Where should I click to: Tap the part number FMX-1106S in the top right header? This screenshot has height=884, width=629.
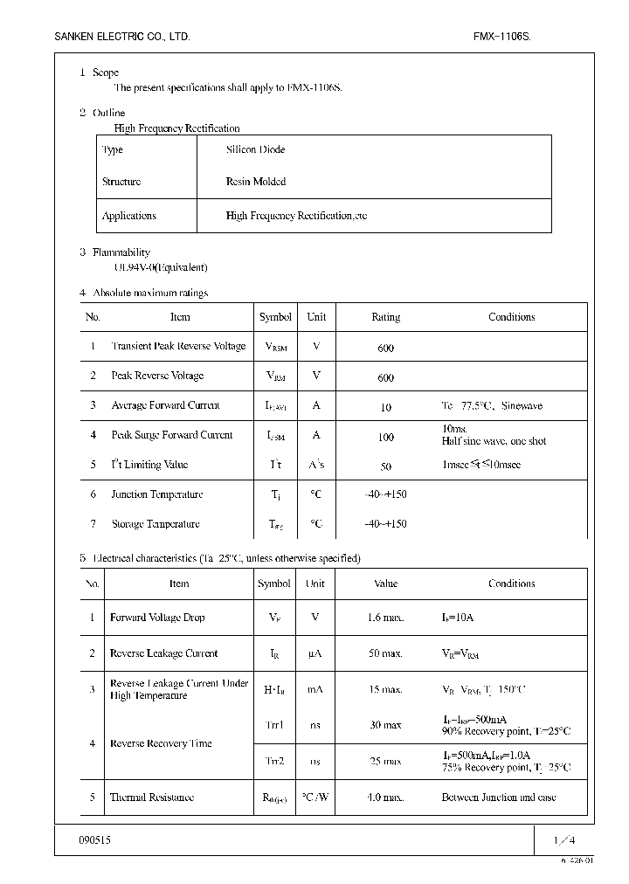(501, 37)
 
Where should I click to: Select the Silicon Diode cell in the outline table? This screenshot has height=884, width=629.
(255, 149)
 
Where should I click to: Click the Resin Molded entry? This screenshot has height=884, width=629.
(255, 182)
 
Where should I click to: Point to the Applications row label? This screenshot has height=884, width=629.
(129, 216)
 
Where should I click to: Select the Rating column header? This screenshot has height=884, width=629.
(385, 317)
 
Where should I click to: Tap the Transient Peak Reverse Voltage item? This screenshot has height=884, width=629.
(178, 347)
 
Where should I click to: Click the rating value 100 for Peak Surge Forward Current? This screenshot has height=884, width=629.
(385, 437)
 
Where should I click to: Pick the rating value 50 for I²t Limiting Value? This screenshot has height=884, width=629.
(385, 466)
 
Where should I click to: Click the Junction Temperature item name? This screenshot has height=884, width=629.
(156, 494)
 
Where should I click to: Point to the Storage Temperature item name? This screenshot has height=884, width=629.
(156, 524)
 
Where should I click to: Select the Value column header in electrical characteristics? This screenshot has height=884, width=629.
(385, 584)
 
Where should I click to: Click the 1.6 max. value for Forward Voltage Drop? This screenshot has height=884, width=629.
(385, 618)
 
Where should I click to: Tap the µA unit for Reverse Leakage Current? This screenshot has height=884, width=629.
(316, 653)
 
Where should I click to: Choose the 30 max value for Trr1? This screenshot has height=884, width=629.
(385, 725)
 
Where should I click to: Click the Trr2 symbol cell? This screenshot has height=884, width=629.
(274, 762)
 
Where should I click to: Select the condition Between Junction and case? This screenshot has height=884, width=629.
(498, 798)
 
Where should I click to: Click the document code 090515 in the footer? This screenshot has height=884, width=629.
(95, 839)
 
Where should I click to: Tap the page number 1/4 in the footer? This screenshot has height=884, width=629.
(564, 839)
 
